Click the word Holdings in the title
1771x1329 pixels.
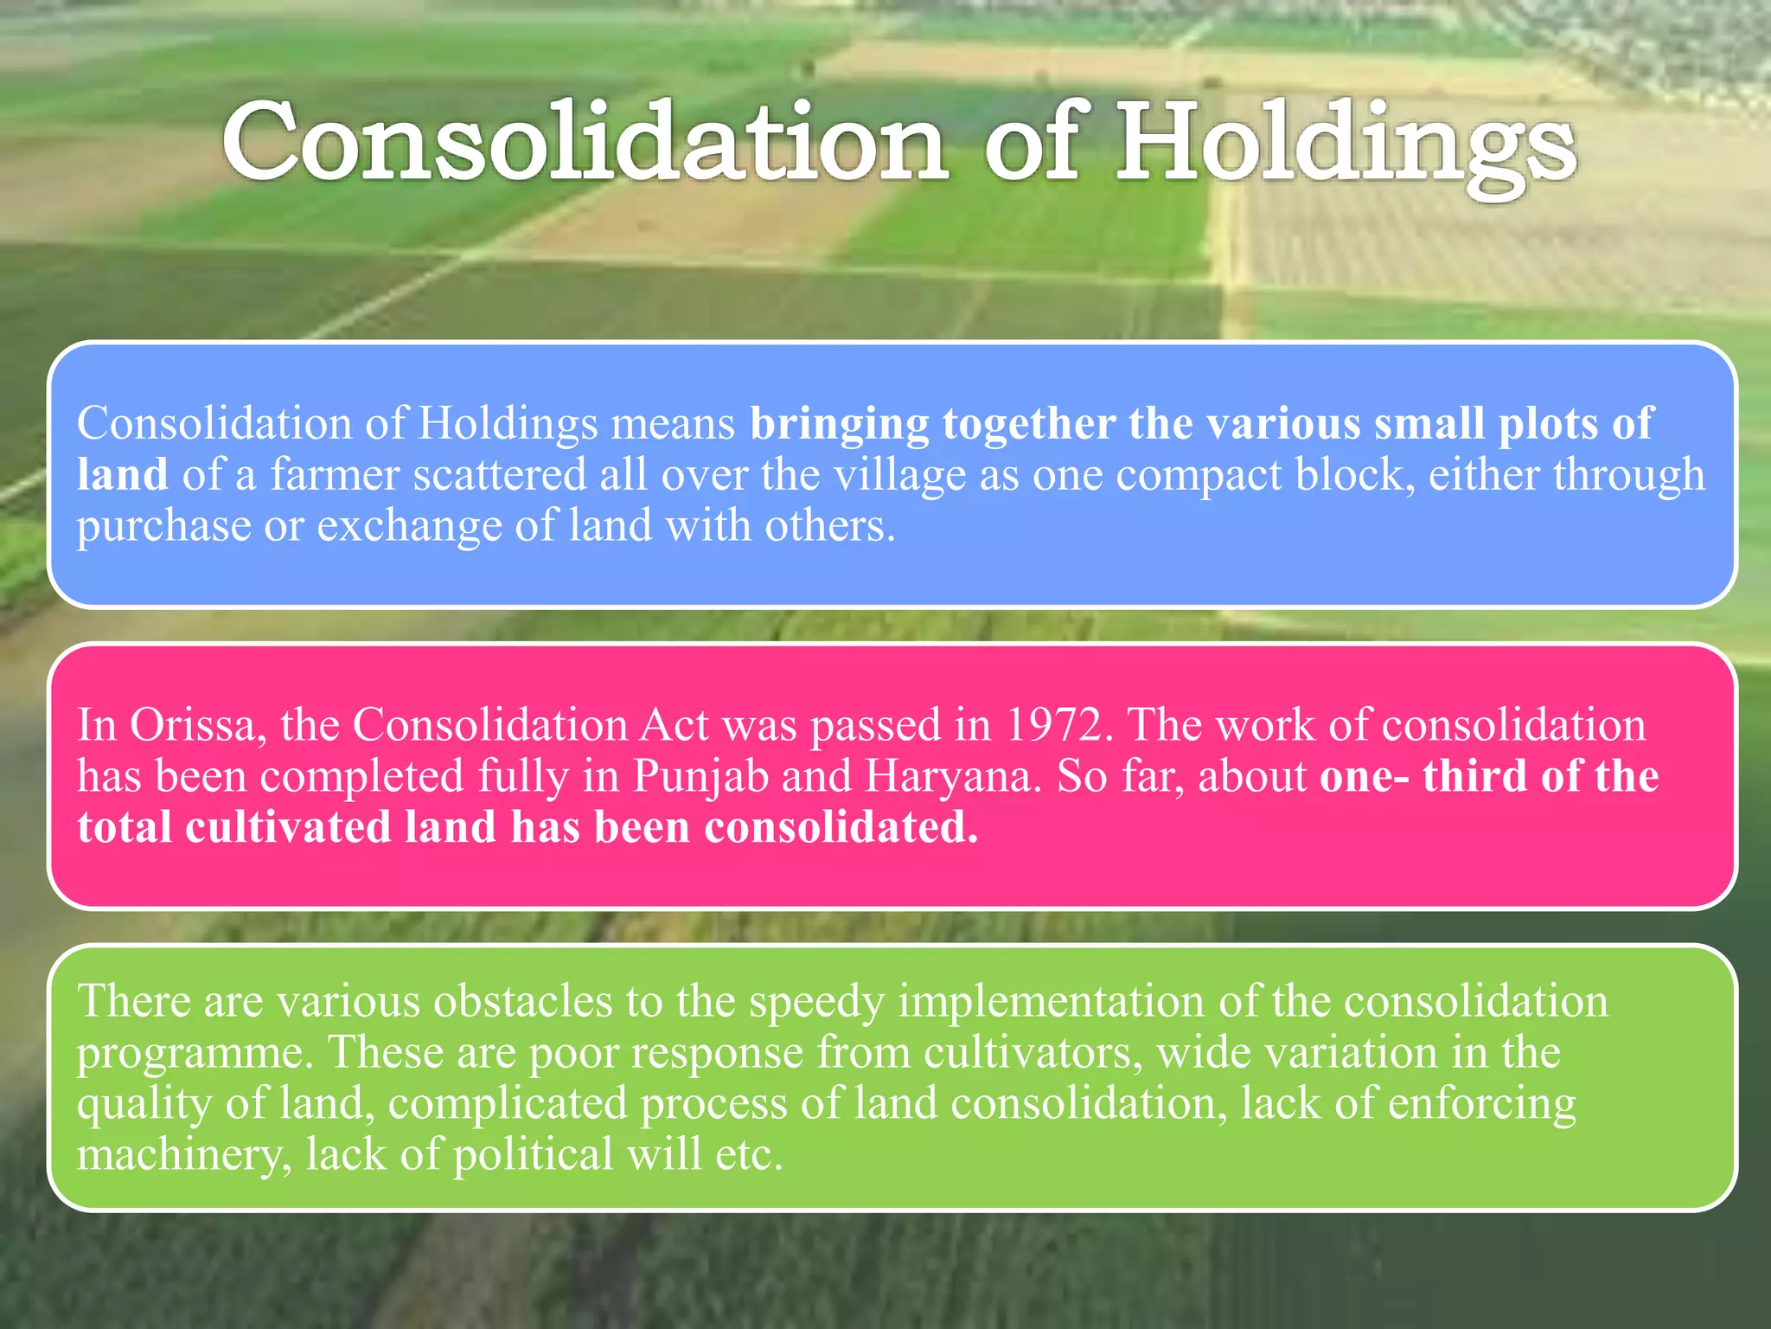(x=1346, y=143)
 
